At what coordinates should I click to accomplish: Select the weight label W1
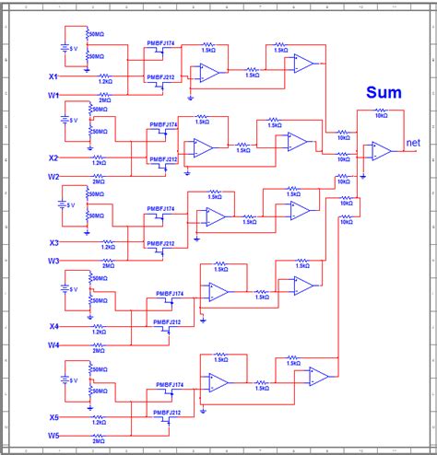click(53, 95)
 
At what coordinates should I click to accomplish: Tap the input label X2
click(53, 157)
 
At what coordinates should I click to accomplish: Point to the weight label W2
click(53, 176)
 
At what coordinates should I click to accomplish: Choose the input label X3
click(53, 243)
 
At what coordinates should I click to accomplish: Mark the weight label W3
click(53, 262)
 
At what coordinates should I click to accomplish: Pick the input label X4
click(53, 327)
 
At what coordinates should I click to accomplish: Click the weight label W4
click(53, 345)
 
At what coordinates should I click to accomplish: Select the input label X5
click(53, 417)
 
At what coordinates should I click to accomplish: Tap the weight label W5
click(53, 435)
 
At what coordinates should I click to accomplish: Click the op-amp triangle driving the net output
click(381, 152)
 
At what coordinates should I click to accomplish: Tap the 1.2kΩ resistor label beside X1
click(105, 81)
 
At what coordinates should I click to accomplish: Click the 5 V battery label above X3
click(72, 205)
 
